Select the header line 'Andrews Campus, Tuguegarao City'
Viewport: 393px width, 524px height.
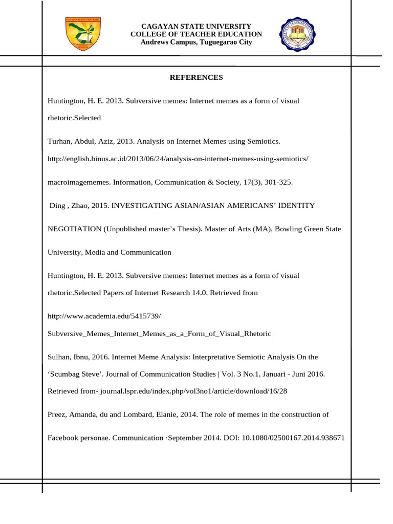(196, 42)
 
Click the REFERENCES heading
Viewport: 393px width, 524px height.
(196, 78)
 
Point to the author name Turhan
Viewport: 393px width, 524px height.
(59, 140)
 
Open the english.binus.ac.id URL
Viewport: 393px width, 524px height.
(178, 159)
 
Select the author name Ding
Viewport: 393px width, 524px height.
(57, 205)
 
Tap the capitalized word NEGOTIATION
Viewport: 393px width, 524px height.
(74, 229)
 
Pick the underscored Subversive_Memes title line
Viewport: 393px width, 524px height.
(159, 334)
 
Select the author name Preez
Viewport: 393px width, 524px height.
(57, 414)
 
